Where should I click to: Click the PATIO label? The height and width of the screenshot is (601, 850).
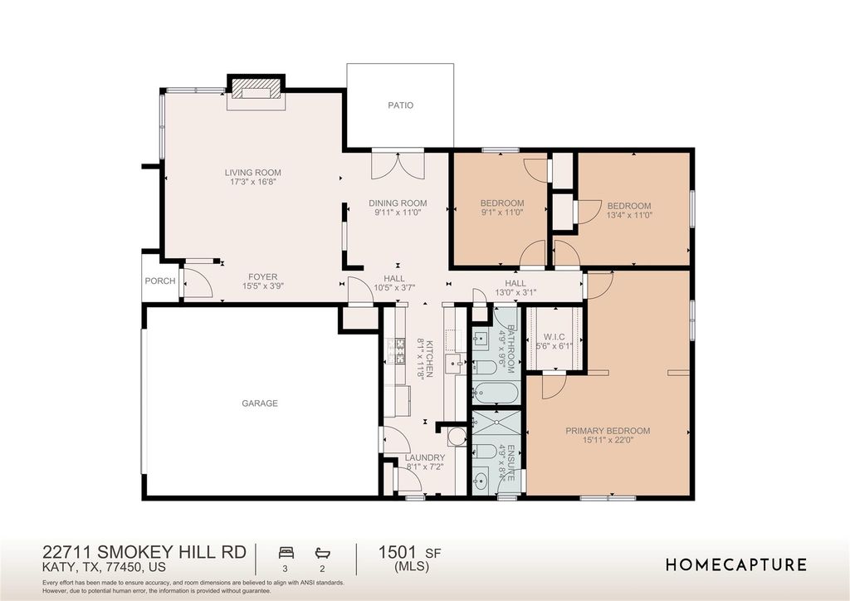click(401, 105)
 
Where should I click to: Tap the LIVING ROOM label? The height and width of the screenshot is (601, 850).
click(253, 173)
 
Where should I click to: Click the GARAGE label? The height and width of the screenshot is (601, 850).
click(260, 403)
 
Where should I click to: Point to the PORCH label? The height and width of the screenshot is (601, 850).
click(160, 281)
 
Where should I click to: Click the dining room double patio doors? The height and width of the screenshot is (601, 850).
click(398, 165)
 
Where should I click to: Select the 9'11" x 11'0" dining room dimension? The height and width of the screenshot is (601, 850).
click(398, 213)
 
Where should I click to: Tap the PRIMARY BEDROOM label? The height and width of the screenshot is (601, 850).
click(608, 431)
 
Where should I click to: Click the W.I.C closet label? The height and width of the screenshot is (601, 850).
click(554, 337)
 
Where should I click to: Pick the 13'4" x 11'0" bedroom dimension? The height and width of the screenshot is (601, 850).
click(629, 215)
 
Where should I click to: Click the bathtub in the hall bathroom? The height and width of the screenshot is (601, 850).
click(496, 392)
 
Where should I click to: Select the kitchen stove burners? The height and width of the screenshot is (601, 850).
click(399, 350)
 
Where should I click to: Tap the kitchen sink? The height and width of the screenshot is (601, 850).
click(453, 364)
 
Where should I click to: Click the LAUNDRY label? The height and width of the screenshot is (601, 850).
click(425, 458)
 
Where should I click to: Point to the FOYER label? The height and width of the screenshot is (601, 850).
click(263, 277)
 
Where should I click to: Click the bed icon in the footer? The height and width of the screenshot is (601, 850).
click(286, 553)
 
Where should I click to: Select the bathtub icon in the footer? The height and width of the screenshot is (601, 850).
click(323, 553)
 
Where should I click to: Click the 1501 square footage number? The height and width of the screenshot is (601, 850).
click(398, 552)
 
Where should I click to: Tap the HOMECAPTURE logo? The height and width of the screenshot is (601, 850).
click(736, 564)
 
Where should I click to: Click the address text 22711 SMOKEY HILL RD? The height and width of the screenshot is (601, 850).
click(144, 552)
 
